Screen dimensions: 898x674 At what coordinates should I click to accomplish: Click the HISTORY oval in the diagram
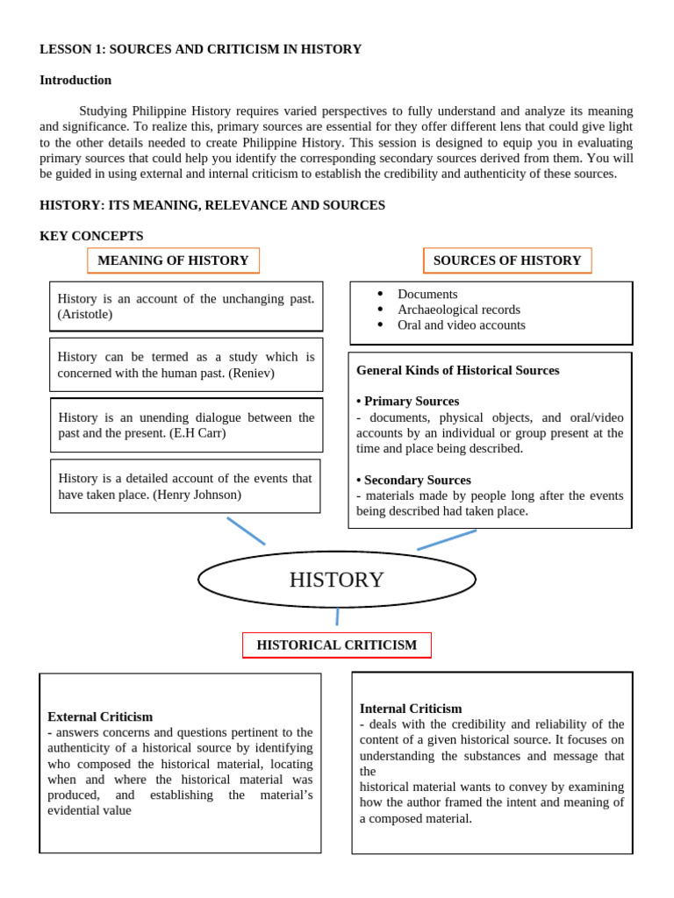click(337, 580)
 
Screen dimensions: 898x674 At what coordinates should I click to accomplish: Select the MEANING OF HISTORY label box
click(173, 260)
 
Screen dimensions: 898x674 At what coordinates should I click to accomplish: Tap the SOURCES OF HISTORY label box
click(507, 260)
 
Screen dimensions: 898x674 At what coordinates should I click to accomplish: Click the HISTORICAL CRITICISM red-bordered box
click(336, 645)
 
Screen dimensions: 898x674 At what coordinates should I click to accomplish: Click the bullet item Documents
click(427, 295)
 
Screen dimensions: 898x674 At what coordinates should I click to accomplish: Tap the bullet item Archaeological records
click(458, 310)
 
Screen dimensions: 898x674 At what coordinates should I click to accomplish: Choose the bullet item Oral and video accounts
click(461, 324)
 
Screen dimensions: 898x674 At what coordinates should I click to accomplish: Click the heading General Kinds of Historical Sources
click(457, 370)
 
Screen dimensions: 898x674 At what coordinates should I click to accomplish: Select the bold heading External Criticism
click(100, 716)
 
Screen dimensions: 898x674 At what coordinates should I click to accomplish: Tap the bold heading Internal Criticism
click(411, 709)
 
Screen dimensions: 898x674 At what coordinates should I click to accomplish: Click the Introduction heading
click(75, 80)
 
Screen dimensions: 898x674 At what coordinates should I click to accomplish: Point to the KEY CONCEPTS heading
click(91, 236)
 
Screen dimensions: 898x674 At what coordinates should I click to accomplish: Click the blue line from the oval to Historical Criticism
click(337, 616)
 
